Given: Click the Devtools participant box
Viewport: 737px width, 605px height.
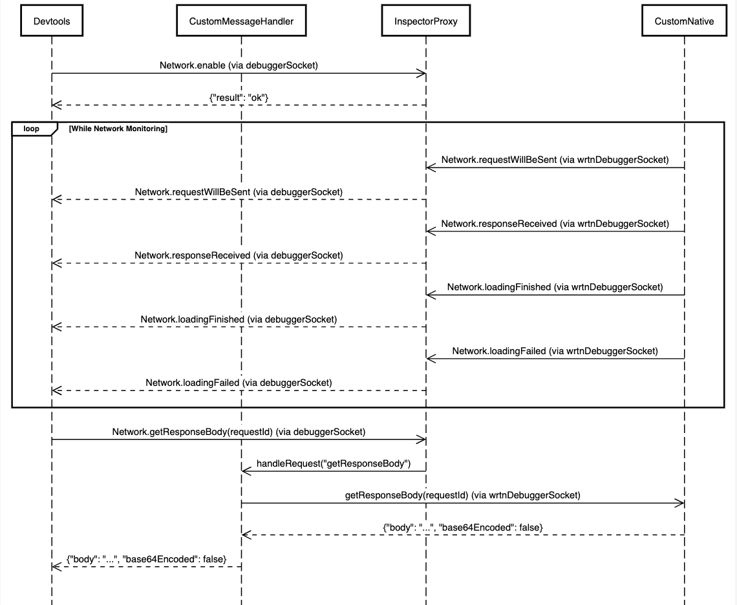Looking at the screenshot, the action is pyautogui.click(x=52, y=21).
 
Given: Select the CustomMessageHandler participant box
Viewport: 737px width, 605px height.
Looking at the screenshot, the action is pyautogui.click(x=241, y=21).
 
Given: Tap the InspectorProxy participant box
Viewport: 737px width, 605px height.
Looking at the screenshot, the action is pyautogui.click(x=426, y=21).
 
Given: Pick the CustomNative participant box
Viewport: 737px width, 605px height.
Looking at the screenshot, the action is pyautogui.click(x=684, y=21).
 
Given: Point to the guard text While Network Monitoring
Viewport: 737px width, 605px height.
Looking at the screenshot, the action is pyautogui.click(x=118, y=129).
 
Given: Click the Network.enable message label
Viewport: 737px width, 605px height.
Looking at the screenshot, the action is pyautogui.click(x=239, y=65).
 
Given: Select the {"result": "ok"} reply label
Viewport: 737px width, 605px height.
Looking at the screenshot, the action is pyautogui.click(x=239, y=98).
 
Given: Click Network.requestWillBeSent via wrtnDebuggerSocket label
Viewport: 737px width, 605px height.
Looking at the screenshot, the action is pyautogui.click(x=555, y=160).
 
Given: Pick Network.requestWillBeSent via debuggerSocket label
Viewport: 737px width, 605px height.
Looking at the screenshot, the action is pyautogui.click(x=239, y=192).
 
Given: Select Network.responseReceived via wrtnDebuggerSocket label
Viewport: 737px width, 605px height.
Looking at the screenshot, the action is pyautogui.click(x=555, y=224).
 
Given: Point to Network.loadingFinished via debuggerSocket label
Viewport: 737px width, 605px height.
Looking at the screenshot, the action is pyautogui.click(x=239, y=319).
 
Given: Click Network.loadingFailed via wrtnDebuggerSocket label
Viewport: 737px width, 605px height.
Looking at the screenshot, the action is pyautogui.click(x=555, y=351).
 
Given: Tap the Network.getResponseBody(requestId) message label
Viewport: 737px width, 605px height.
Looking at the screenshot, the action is pyautogui.click(x=239, y=432).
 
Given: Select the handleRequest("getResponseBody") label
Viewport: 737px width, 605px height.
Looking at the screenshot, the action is pyautogui.click(x=334, y=463).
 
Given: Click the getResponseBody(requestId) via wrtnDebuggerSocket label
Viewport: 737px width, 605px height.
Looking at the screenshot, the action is pyautogui.click(x=462, y=495).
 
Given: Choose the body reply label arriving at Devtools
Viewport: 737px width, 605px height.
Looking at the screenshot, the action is pyautogui.click(x=147, y=559).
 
